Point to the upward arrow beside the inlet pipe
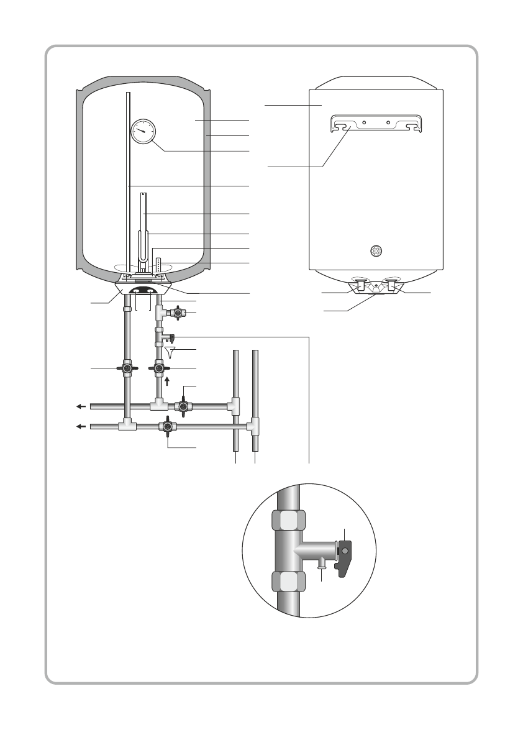click(167, 381)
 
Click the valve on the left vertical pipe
click(127, 368)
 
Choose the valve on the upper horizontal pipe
click(184, 407)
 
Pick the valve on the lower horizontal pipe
click(166, 427)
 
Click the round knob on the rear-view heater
click(376, 251)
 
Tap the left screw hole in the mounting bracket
click(364, 122)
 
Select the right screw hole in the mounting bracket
click(388, 122)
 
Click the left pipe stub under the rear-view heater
click(360, 285)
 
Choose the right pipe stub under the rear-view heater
click(393, 285)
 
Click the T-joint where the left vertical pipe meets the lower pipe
click(127, 427)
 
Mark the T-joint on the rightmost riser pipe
click(255, 427)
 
